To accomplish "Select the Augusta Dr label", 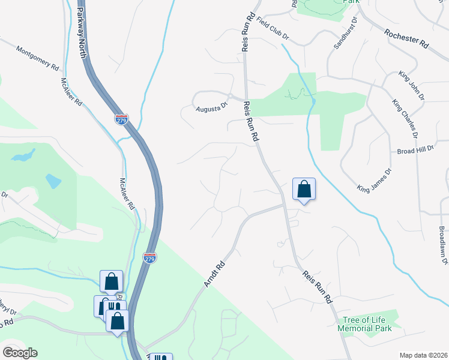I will [x=212, y=109].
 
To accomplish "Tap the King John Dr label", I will [x=411, y=86].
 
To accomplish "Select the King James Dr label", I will [x=374, y=180].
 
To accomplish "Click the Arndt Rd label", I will [x=214, y=273].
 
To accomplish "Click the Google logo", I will [x=20, y=353].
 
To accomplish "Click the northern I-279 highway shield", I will [x=121, y=119].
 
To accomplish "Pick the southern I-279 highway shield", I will [x=149, y=258].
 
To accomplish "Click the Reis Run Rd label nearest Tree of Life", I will [x=318, y=286].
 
